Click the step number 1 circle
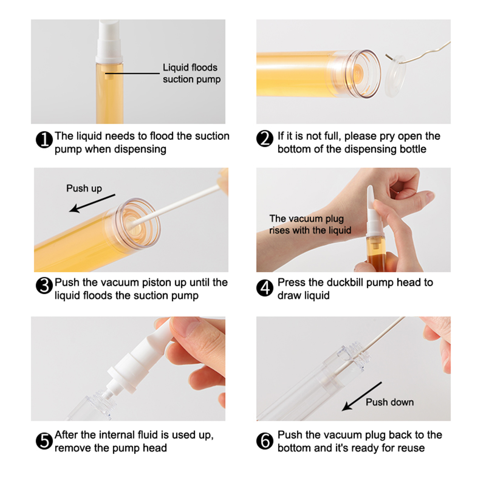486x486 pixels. (44, 140)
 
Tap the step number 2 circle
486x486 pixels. (265, 139)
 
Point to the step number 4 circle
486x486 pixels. (265, 288)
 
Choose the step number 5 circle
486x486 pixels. (44, 441)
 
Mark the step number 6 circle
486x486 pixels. (265, 441)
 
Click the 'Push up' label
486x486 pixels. (84, 189)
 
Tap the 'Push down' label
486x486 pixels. (390, 402)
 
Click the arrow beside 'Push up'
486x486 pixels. (92, 203)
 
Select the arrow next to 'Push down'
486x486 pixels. (362, 396)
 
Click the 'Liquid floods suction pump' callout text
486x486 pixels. (191, 73)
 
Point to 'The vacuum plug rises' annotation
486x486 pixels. (310, 224)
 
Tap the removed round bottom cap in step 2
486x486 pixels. (395, 76)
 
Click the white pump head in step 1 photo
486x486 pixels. (109, 41)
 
